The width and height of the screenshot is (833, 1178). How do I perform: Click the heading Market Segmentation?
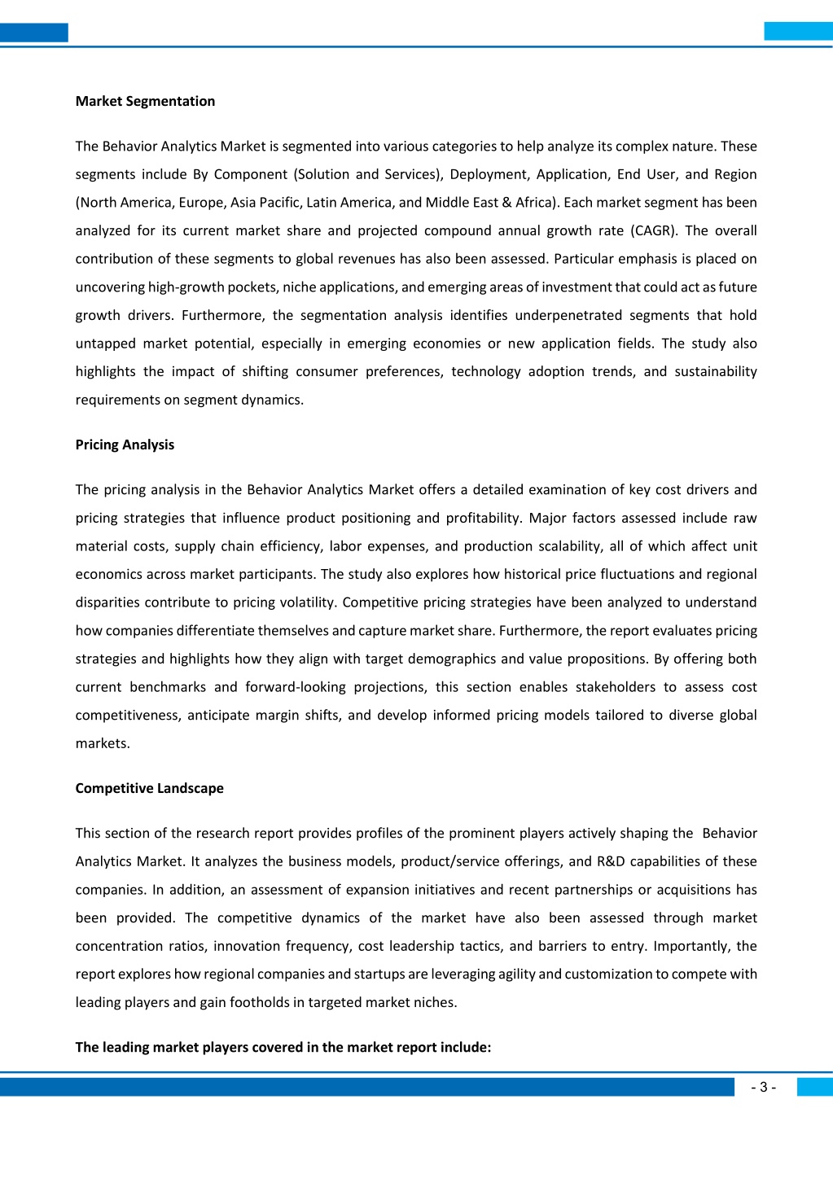pyautogui.click(x=145, y=101)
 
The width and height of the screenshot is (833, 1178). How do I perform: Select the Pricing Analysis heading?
pyautogui.click(x=125, y=444)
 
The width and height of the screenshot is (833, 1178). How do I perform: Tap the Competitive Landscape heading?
pyautogui.click(x=149, y=788)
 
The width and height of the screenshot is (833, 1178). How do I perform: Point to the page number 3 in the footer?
pyautogui.click(x=763, y=1088)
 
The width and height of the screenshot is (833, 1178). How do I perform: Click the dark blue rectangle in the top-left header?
pyautogui.click(x=34, y=33)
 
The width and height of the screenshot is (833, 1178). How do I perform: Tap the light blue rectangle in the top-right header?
pyautogui.click(x=798, y=32)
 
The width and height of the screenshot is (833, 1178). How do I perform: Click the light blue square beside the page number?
pyautogui.click(x=814, y=1087)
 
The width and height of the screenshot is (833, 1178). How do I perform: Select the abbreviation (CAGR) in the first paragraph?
pyautogui.click(x=654, y=230)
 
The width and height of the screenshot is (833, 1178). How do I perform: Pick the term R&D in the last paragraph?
pyautogui.click(x=611, y=861)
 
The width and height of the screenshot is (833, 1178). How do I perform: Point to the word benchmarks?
pyautogui.click(x=168, y=687)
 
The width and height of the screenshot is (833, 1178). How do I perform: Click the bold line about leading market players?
pyautogui.click(x=283, y=1047)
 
